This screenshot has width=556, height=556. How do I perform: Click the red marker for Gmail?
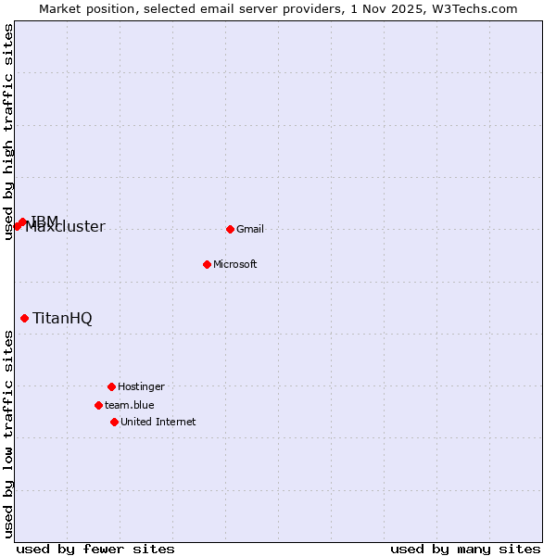(230, 229)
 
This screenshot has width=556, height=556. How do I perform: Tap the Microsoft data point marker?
(207, 264)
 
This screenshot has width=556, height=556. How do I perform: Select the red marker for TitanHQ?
(24, 318)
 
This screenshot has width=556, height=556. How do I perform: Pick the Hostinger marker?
(111, 386)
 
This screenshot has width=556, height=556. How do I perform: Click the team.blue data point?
(98, 405)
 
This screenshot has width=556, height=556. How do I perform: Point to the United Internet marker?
(114, 422)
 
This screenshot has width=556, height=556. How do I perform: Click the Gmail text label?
(250, 229)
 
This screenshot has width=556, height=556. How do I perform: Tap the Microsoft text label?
(234, 264)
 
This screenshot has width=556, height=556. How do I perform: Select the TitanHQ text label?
(62, 318)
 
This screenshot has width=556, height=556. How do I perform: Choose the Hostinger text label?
(141, 386)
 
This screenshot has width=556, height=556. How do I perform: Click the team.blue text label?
(129, 405)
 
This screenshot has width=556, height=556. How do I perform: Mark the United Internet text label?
(158, 422)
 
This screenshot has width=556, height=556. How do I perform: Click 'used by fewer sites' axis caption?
(95, 549)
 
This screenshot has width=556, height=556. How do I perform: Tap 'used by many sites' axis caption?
(465, 549)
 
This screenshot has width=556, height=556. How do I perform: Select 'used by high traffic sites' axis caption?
(8, 132)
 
